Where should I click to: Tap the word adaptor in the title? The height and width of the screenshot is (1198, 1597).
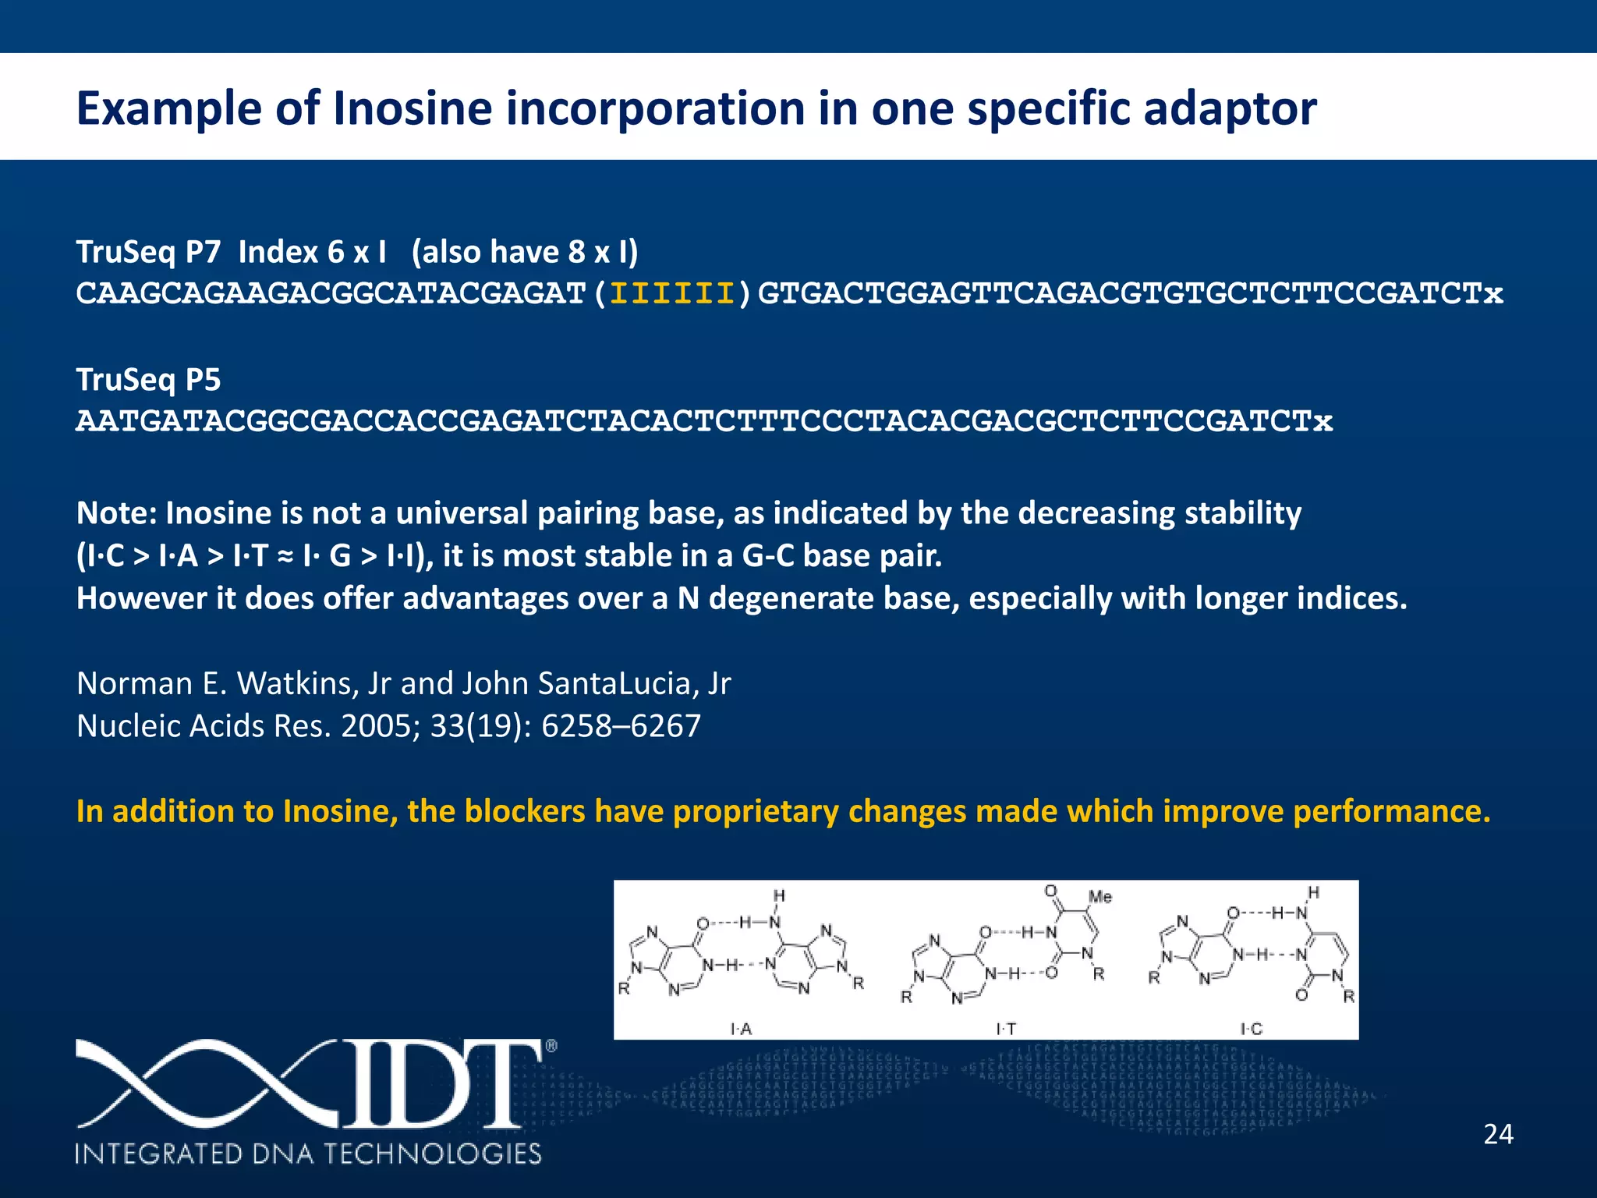coord(1230,110)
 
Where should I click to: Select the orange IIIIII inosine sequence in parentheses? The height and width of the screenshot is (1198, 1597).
coord(672,294)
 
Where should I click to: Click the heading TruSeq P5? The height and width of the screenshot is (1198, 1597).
coord(148,380)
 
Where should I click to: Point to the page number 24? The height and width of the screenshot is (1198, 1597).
coord(1498,1134)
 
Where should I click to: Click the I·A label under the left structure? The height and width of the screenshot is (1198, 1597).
coord(741,1029)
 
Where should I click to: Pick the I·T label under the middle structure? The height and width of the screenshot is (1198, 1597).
coord(1006,1029)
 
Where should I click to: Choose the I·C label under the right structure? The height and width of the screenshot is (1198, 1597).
coord(1251,1029)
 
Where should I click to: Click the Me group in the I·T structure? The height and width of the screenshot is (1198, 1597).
coord(1099,897)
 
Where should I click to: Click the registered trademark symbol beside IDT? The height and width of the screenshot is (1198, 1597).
coord(551,1046)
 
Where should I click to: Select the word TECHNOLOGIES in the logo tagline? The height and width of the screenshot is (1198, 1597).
coord(432,1153)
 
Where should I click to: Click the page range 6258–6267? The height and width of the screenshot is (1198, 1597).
coord(621,726)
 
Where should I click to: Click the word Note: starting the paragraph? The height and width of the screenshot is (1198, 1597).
coord(117,513)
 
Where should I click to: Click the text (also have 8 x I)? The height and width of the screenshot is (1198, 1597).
coord(525,252)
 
